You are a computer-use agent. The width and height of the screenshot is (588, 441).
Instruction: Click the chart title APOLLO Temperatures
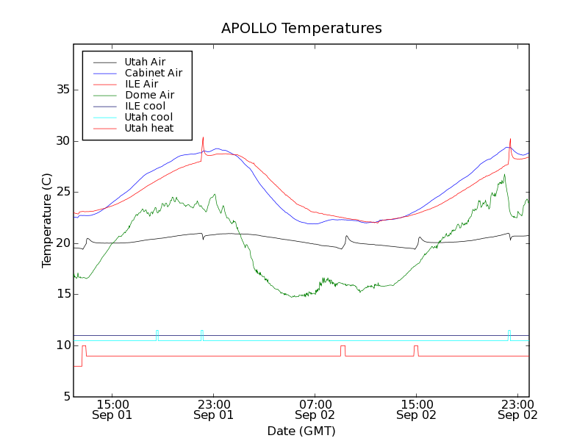click(x=301, y=29)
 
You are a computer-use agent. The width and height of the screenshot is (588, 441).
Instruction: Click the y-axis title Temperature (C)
click(x=47, y=220)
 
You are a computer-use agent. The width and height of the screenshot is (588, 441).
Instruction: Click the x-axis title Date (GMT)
click(x=301, y=431)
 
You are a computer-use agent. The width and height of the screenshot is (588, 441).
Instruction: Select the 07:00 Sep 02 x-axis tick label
click(x=315, y=409)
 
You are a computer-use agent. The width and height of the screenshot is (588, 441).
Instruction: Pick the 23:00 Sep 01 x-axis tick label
click(x=213, y=409)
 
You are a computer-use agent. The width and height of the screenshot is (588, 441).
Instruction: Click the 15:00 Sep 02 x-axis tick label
click(x=416, y=409)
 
